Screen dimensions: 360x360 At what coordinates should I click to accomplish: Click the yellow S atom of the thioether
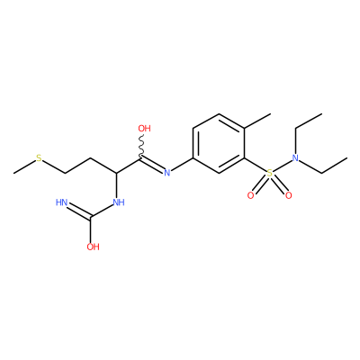[x=39, y=157]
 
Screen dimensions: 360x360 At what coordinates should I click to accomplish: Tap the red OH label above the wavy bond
[x=144, y=129]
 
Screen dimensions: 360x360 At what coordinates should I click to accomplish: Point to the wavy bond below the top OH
[x=141, y=146]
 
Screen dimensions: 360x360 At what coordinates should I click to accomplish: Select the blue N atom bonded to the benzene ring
[x=167, y=173]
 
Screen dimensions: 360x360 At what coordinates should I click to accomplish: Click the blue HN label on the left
[x=61, y=202]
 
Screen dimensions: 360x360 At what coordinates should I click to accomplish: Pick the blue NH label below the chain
[x=119, y=202]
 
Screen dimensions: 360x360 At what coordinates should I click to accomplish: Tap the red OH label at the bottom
[x=93, y=247]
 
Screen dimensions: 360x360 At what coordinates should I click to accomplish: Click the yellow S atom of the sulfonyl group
[x=270, y=173]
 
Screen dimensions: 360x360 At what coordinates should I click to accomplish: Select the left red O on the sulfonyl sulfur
[x=250, y=195]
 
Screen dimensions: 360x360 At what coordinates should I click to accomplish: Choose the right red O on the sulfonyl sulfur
[x=289, y=195]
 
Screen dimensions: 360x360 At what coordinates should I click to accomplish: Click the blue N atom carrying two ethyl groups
[x=295, y=157]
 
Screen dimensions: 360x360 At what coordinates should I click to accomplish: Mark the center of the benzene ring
[x=219, y=143]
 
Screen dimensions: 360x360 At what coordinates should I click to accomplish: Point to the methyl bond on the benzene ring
[x=257, y=121]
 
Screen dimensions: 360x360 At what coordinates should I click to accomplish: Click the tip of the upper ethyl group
[x=322, y=113]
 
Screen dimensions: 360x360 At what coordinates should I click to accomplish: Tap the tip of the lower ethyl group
[x=347, y=157]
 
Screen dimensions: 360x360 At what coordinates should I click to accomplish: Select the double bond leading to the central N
[x=152, y=164]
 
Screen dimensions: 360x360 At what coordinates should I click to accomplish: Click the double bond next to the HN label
[x=79, y=211]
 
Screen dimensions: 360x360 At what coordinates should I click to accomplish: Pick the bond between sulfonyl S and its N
[x=283, y=166]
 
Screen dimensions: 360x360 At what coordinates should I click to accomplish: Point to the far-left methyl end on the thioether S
[x=13, y=173]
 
